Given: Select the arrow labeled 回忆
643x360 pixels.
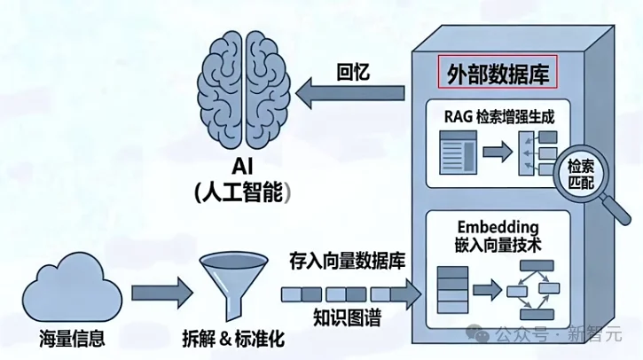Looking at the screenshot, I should coord(351,93).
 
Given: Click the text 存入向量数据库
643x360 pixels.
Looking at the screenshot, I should coord(347,262).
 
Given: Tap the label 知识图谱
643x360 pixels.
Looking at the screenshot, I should coord(348,317).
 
